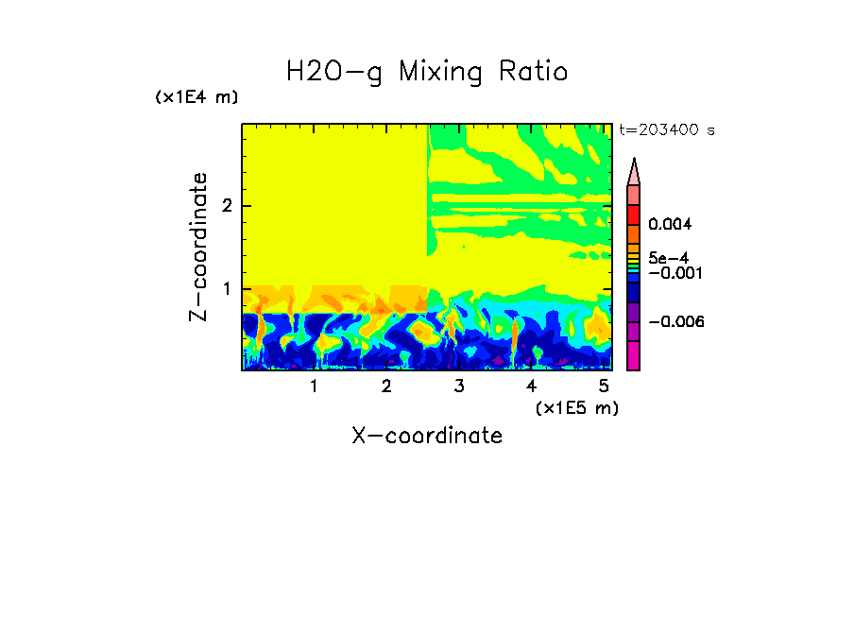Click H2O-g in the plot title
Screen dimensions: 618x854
click(334, 72)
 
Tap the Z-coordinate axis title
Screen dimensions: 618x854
click(198, 247)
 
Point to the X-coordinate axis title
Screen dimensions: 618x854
click(427, 436)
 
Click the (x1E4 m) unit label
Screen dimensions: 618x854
click(196, 97)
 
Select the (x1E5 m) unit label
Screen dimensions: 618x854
click(576, 407)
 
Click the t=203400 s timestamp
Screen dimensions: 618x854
click(667, 130)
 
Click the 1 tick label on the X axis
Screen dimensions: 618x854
click(314, 386)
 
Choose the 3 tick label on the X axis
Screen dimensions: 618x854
click(458, 386)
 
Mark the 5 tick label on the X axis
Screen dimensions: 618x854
click(604, 386)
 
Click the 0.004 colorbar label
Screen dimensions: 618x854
click(671, 225)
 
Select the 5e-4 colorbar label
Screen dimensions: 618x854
click(669, 257)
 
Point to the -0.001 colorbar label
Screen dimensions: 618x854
click(673, 273)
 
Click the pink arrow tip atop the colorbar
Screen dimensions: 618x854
click(634, 171)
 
